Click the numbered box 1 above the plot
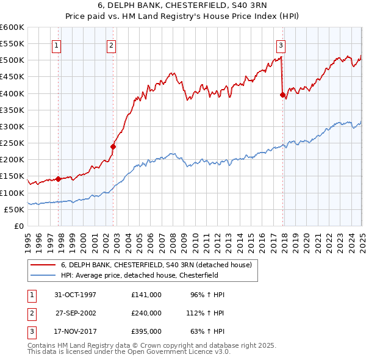[x=56, y=44]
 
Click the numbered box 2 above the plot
[x=112, y=44]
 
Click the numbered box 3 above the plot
[x=281, y=44]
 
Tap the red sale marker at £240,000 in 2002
[x=113, y=146]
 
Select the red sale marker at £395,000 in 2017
[x=282, y=95]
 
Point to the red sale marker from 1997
[x=59, y=179]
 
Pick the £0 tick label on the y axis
[x=18, y=226]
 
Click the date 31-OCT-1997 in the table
[x=75, y=295]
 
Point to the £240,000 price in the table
[x=146, y=313]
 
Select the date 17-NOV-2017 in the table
[x=75, y=332]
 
